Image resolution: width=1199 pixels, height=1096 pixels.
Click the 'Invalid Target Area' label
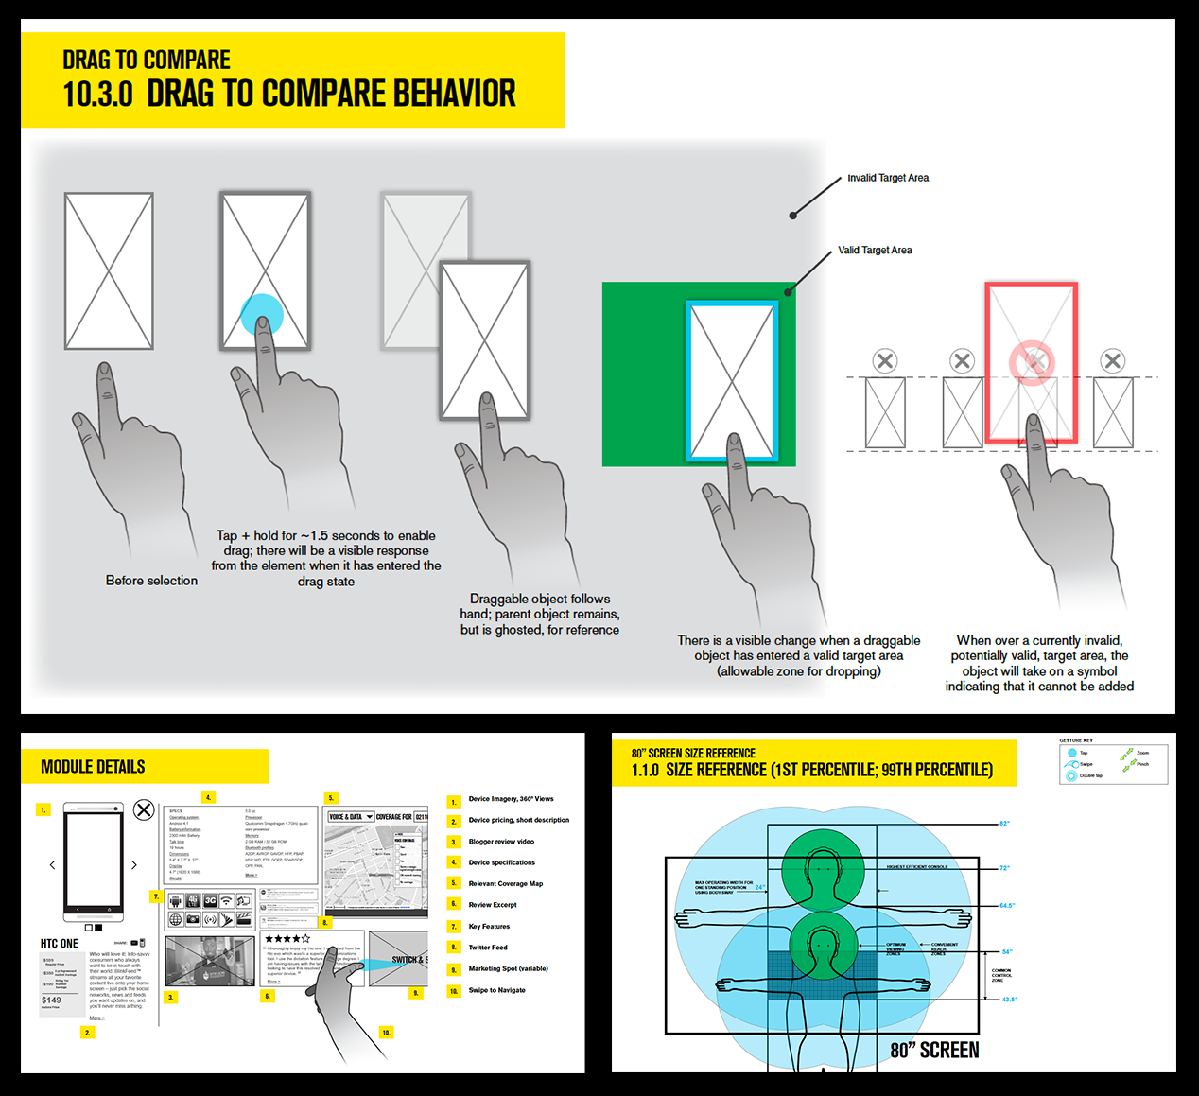click(x=887, y=178)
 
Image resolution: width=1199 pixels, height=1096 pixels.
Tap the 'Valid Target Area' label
click(x=875, y=251)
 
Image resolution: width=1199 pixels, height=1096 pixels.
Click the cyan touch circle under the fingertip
click(x=262, y=314)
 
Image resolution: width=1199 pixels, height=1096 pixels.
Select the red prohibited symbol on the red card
click(x=1031, y=362)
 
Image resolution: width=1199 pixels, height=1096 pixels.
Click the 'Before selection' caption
click(x=151, y=581)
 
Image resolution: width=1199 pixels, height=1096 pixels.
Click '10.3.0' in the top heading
click(x=97, y=95)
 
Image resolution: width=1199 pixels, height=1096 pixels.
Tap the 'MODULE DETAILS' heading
click(x=93, y=767)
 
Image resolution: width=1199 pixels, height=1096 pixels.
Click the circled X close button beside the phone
click(x=144, y=809)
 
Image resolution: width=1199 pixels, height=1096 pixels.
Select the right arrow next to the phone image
click(x=134, y=864)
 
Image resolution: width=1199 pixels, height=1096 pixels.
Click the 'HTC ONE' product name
click(x=60, y=944)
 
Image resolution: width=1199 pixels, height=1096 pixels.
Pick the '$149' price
click(x=51, y=1000)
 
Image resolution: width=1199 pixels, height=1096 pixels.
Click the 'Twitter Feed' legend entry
click(x=488, y=948)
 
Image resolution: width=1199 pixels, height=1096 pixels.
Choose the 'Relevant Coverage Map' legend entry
click(x=505, y=884)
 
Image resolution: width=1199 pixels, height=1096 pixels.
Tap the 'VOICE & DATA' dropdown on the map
click(x=350, y=817)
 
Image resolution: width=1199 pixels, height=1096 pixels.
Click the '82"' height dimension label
click(x=1004, y=824)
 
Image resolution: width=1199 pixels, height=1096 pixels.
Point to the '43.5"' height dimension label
click(x=1009, y=1000)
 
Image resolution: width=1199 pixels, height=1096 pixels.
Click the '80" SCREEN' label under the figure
click(x=934, y=1051)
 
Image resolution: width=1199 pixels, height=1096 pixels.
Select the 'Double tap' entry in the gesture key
click(x=1090, y=775)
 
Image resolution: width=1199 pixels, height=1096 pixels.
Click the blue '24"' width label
click(x=760, y=887)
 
